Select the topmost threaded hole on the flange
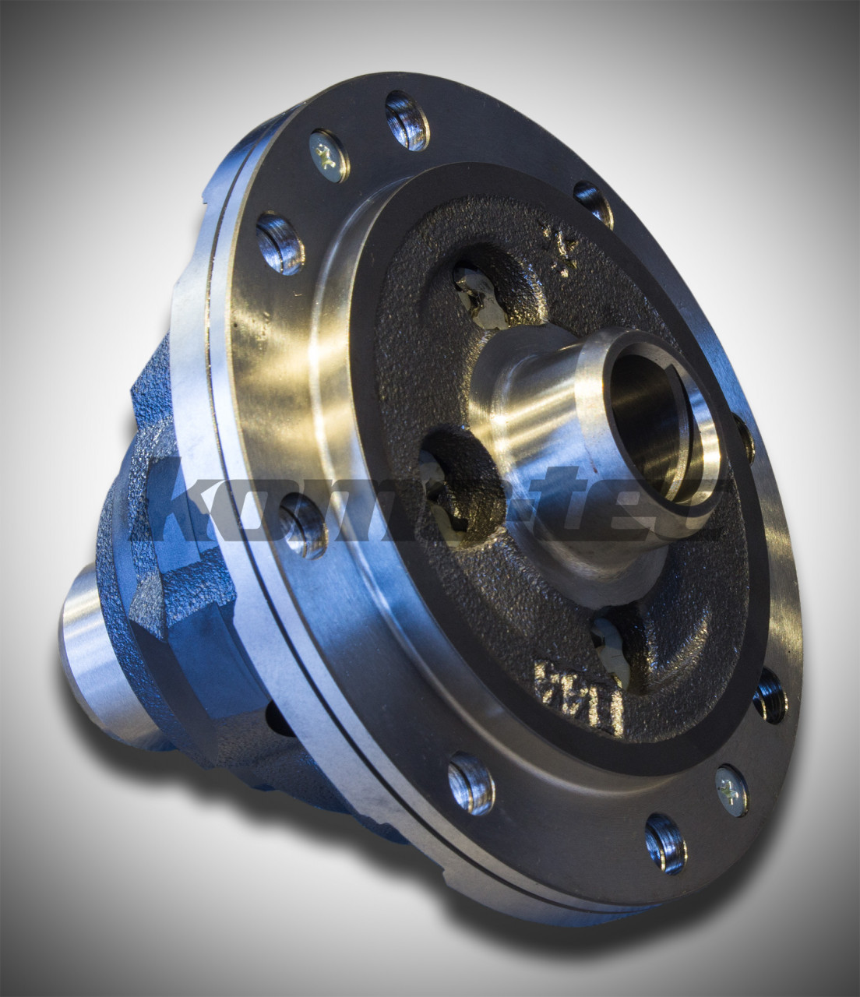pyautogui.click(x=407, y=118)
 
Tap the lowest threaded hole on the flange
pyautogui.click(x=665, y=844)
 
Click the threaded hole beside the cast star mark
pyautogui.click(x=594, y=205)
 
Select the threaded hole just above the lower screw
pyautogui.click(x=768, y=695)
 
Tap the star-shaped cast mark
pyautogui.click(x=563, y=249)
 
